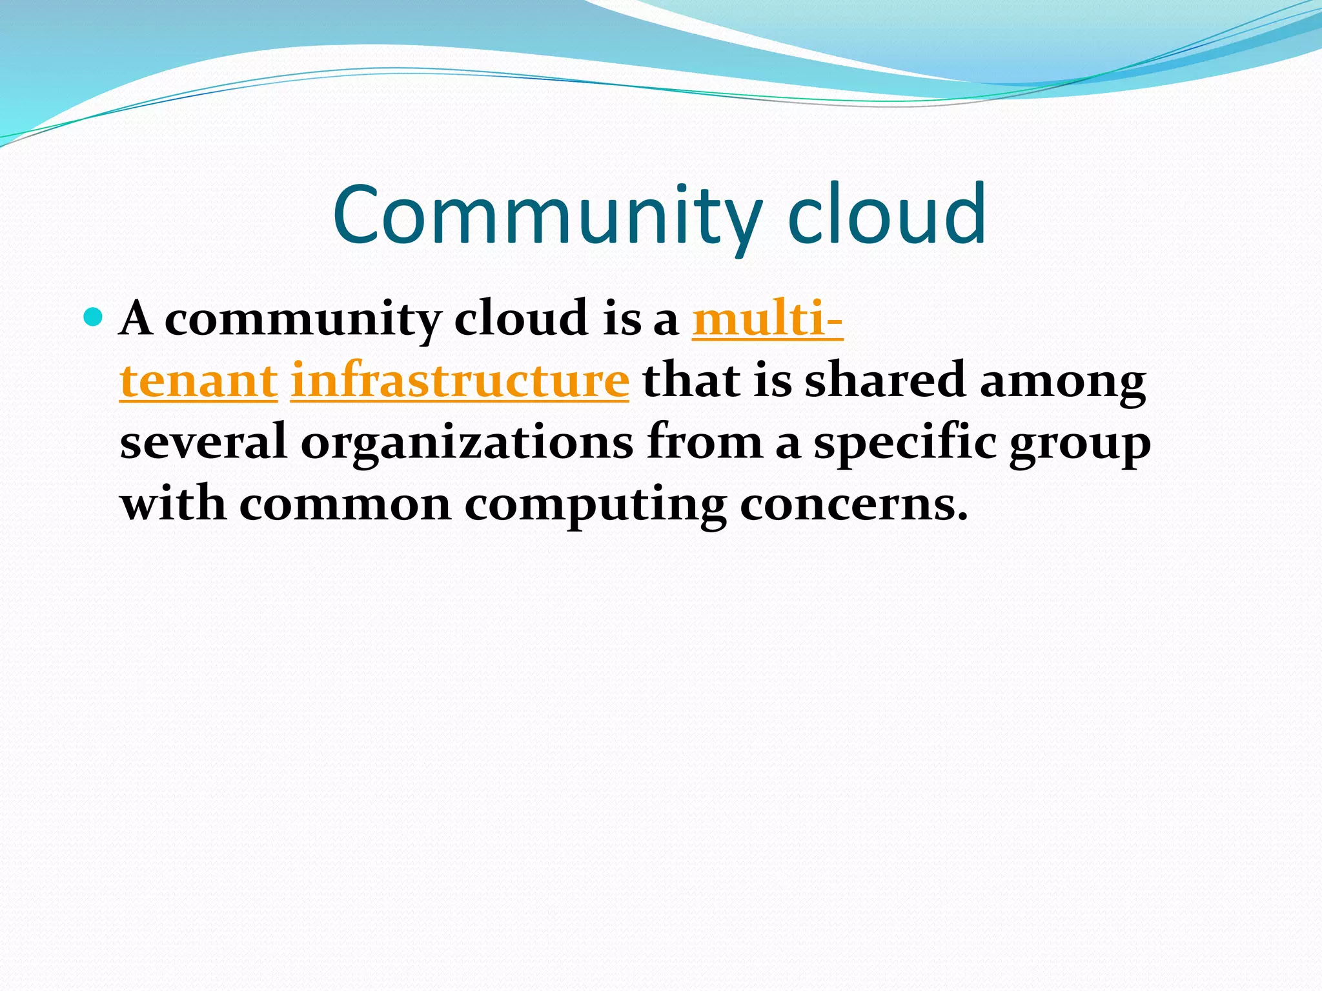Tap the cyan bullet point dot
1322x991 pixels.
[x=94, y=317]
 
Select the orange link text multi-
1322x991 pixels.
[x=767, y=319]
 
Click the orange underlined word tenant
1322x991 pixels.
[x=199, y=381]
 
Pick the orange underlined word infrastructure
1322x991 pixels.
[x=460, y=381]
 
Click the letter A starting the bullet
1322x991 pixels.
[x=136, y=319]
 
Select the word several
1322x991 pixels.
[x=203, y=443]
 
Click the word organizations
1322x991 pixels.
[x=467, y=444]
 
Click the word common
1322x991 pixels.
[x=345, y=505]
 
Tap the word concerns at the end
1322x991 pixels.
[x=853, y=505]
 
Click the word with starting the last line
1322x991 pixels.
[x=173, y=504]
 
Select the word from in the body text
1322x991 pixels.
[x=705, y=443]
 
